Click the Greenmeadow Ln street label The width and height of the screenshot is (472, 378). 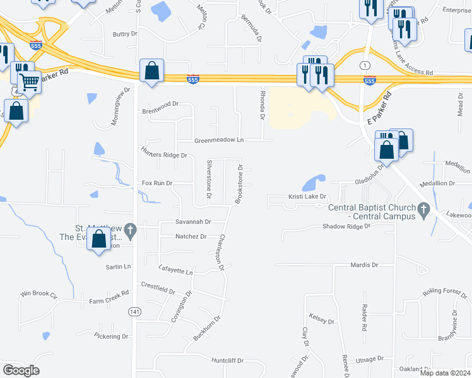tap(219, 140)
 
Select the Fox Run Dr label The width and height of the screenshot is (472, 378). tap(157, 183)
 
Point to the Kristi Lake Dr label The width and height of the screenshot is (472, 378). tap(308, 197)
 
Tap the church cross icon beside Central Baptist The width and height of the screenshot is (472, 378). tap(424, 209)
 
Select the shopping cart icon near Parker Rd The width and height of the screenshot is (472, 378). tap(28, 81)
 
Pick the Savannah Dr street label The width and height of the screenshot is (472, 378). tap(193, 222)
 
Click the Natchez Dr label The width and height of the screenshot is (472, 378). tap(191, 236)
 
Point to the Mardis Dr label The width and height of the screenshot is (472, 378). tap(363, 265)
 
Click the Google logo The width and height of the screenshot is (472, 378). tap(21, 370)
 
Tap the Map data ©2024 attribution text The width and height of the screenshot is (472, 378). tap(444, 372)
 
